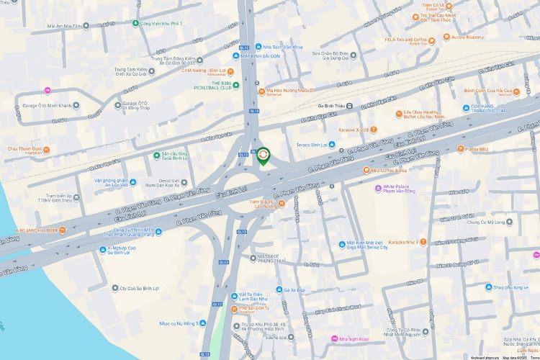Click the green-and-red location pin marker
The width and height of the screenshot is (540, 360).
coord(264,156)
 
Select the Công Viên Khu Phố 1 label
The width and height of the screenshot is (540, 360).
coord(161,23)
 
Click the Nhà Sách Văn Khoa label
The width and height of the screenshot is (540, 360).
coord(282,47)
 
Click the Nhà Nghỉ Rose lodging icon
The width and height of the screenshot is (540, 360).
coord(334,339)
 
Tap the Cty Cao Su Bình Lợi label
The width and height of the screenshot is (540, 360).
coord(140,288)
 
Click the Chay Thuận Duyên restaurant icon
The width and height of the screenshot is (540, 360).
coord(46,150)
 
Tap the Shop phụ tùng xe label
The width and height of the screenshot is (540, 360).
coord(516,287)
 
